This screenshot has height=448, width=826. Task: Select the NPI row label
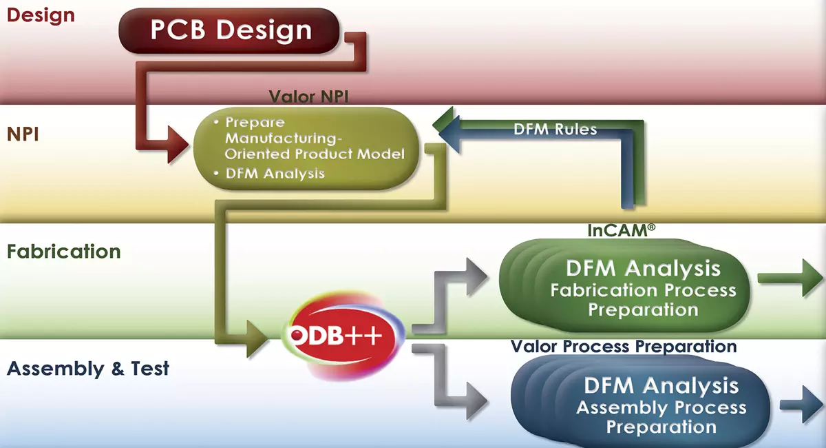pos(22,133)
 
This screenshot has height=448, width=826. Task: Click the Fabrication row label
pos(63,252)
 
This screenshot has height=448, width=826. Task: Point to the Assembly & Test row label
pos(87,369)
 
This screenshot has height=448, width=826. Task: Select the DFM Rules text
pos(555,129)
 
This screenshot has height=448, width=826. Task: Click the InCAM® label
pos(618,231)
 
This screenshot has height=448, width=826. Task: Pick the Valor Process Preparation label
pos(624,345)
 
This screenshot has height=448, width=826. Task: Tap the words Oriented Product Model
pos(315,154)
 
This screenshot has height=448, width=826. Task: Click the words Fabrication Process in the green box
pos(643,290)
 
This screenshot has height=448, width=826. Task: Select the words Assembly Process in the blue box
pos(661,408)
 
